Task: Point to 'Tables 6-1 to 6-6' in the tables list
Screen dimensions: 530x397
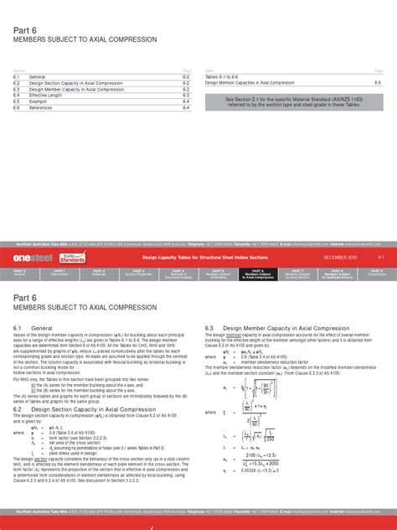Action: (224, 76)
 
